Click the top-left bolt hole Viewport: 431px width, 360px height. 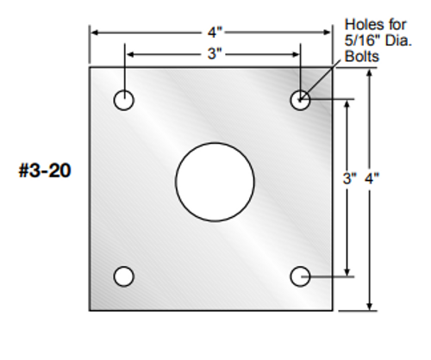point(124,101)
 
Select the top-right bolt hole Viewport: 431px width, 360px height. point(300,101)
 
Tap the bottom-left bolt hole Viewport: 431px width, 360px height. point(124,276)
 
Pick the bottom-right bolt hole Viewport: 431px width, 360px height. point(300,276)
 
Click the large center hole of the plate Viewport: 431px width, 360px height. point(215,182)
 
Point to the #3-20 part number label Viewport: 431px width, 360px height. point(44,171)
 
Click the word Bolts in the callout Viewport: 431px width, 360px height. point(361,56)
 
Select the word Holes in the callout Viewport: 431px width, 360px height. point(361,25)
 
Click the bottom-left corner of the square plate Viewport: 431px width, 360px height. point(90,309)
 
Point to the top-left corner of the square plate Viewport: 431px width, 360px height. point(90,67)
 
